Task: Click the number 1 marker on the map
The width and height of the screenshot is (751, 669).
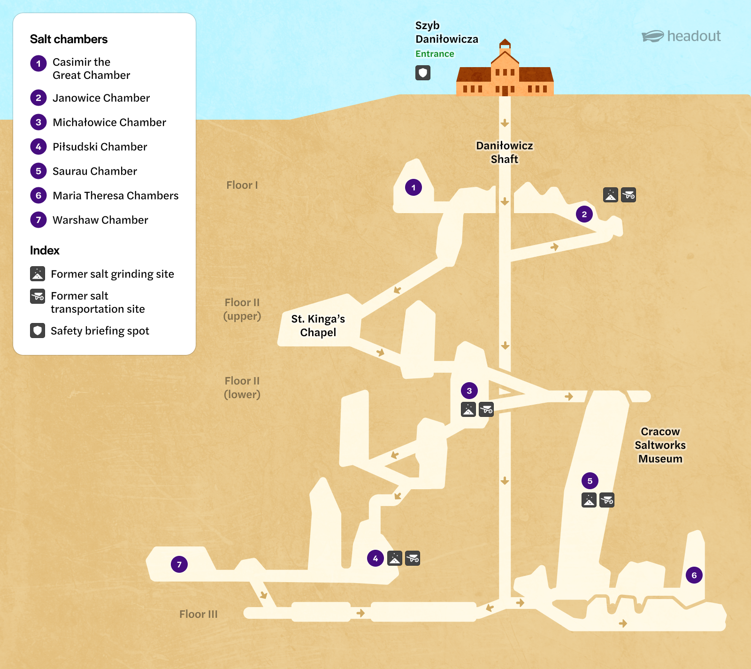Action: (414, 187)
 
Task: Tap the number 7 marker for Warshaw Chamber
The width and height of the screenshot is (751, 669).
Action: (179, 564)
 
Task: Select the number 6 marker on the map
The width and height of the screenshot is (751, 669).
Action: (694, 575)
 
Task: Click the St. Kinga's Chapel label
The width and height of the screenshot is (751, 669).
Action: (318, 325)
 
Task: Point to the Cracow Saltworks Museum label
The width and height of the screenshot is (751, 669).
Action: (660, 445)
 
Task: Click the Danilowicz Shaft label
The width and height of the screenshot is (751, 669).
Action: (505, 152)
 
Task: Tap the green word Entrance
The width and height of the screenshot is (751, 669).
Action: (435, 54)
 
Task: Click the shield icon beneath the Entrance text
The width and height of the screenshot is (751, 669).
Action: (423, 73)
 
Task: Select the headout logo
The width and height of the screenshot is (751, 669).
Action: (681, 36)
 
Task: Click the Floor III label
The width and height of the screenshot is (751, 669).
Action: (199, 614)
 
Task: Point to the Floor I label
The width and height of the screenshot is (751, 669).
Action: (242, 185)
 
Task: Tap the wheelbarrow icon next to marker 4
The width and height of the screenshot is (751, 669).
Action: (413, 558)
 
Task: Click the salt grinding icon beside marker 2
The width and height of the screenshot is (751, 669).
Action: (611, 195)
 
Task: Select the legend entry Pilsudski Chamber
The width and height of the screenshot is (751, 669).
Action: (100, 146)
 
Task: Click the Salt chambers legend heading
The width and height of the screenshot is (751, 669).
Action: (69, 39)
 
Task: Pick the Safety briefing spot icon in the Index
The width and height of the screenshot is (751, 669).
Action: (38, 331)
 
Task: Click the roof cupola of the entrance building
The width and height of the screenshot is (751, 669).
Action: (505, 44)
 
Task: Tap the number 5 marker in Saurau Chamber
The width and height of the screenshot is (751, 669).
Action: (590, 481)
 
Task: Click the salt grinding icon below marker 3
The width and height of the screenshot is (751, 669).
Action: (468, 409)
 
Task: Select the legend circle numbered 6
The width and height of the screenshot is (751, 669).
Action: (38, 195)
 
